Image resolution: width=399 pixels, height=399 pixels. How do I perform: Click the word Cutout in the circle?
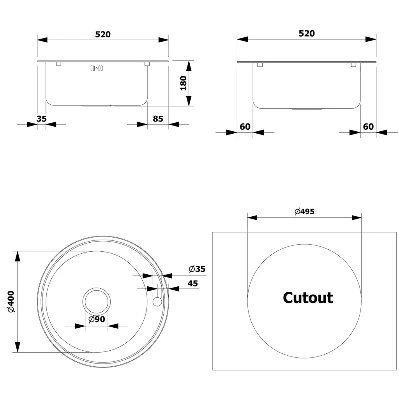[308, 298]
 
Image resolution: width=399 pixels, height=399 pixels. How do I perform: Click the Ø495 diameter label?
[304, 212]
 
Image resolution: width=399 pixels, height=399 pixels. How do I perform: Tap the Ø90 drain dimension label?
[97, 319]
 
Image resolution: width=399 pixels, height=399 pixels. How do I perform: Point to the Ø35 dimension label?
[197, 269]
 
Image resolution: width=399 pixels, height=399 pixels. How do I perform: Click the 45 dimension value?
[193, 283]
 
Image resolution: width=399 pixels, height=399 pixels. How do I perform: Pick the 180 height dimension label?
[184, 83]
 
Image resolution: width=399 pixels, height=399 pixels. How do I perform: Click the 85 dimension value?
[158, 119]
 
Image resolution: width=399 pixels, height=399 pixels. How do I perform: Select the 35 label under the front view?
[42, 119]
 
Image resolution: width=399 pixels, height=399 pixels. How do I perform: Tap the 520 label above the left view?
[103, 34]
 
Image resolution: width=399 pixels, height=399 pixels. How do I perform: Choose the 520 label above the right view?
[307, 34]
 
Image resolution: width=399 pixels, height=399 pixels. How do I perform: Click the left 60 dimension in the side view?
[245, 127]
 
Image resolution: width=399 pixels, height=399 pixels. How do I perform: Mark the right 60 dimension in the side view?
[368, 127]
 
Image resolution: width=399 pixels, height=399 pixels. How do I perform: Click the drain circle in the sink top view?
[96, 302]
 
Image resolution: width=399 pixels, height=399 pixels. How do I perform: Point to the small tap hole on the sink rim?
[157, 302]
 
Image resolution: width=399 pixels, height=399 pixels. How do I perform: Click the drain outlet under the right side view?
[306, 109]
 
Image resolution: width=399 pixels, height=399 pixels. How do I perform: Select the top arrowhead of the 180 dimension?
[189, 66]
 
